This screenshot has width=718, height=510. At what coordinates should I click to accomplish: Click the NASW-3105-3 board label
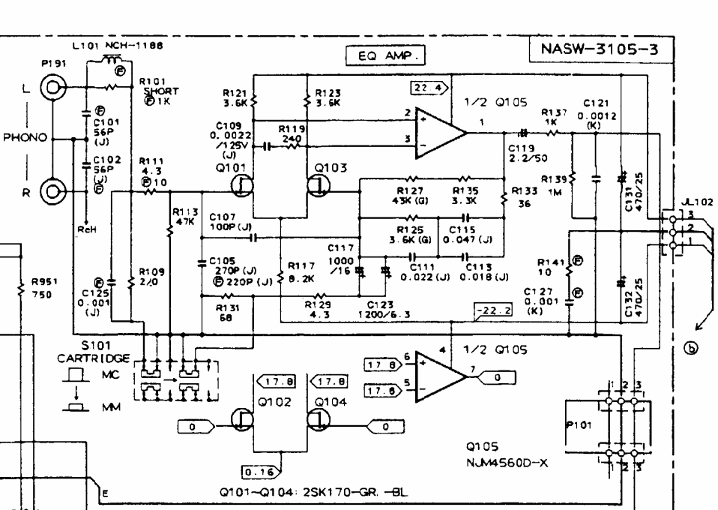599,52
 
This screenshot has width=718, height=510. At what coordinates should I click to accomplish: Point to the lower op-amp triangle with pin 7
440,372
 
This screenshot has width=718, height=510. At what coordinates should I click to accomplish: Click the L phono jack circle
52,91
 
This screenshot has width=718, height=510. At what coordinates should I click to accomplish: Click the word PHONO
24,138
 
